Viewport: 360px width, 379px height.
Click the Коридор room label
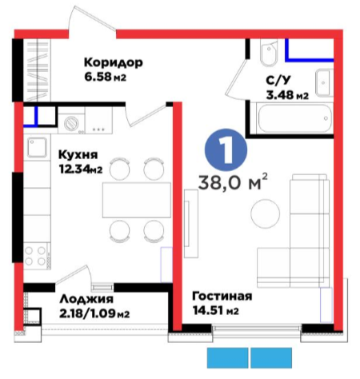[x=114, y=62]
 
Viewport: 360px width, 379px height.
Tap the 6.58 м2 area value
[x=105, y=77]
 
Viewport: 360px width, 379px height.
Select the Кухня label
[x=78, y=154]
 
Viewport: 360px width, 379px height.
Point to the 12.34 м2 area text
[x=81, y=169]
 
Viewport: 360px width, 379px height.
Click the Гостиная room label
[x=222, y=296]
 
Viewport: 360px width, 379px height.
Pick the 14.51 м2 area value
[x=216, y=310]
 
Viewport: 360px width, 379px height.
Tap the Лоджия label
[x=86, y=299]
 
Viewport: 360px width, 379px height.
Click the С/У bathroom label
[x=278, y=80]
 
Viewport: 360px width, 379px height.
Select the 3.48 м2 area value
[x=287, y=94]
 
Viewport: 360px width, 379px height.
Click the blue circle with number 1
[x=226, y=150]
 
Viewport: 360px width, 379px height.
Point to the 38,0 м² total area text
[x=233, y=183]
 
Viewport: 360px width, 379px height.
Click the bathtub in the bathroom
[x=294, y=118]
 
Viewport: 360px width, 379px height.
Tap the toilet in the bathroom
[x=269, y=53]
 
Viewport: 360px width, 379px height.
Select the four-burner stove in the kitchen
[x=37, y=255]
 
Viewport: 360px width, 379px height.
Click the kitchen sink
[x=37, y=147]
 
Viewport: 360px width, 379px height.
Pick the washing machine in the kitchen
[x=71, y=123]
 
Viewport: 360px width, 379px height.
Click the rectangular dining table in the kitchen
[x=137, y=200]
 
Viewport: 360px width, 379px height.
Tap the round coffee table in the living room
[x=266, y=213]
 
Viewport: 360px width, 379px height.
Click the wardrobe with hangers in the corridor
[x=37, y=70]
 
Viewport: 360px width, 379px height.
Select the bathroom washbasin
[x=324, y=83]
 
